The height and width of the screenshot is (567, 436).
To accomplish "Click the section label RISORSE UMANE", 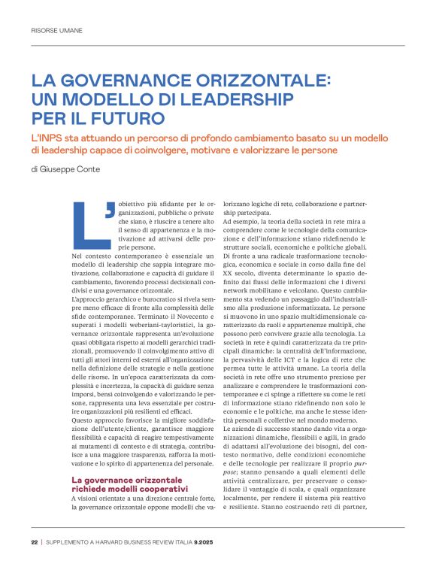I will (x=56, y=31).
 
